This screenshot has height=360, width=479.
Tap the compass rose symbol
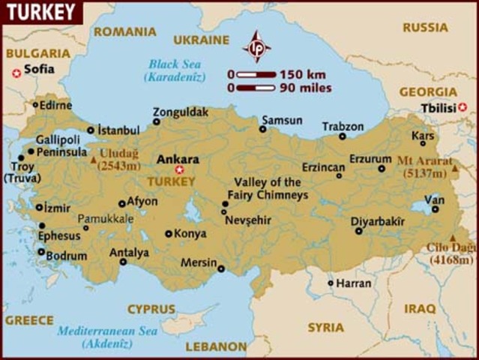pyautogui.click(x=256, y=46)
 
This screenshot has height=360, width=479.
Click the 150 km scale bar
pyautogui.click(x=256, y=74)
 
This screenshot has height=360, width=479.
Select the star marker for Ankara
pyautogui.click(x=178, y=169)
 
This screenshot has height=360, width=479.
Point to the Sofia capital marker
pyautogui.click(x=16, y=72)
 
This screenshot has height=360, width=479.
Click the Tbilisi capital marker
pyautogui.click(x=462, y=108)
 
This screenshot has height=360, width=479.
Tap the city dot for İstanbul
pyautogui.click(x=91, y=130)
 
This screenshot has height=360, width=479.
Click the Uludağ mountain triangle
pyautogui.click(x=93, y=160)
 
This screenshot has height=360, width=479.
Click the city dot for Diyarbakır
pyautogui.click(x=359, y=231)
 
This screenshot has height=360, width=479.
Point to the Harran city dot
pyautogui.click(x=331, y=283)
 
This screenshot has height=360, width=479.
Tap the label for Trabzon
pyautogui.click(x=343, y=126)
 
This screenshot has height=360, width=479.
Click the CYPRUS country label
pyautogui.click(x=151, y=308)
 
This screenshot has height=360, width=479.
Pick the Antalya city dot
pyautogui.click(x=124, y=262)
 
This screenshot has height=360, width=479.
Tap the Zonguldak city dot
pyautogui.click(x=157, y=121)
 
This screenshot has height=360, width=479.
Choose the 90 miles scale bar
pyautogui.click(x=256, y=88)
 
